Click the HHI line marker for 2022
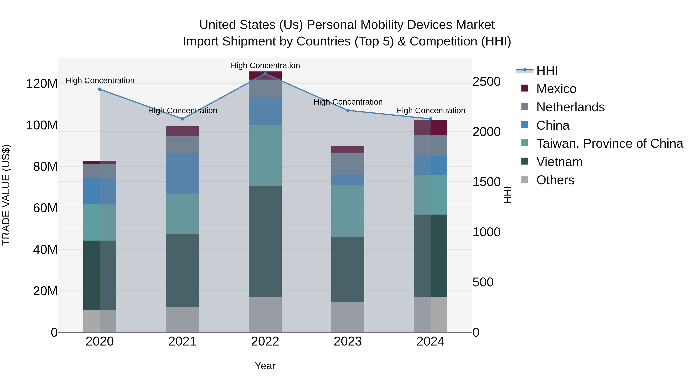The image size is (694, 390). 265,74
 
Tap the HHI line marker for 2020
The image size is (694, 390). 100,89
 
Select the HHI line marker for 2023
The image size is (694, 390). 348,110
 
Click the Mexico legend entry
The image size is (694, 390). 556,89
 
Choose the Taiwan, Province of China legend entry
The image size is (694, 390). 609,143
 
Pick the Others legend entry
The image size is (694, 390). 555,180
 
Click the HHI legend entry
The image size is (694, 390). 547,70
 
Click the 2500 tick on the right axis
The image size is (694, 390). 487,81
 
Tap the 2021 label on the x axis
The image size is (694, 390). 182,341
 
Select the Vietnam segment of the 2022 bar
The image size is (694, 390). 265,242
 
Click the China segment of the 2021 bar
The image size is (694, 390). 182,173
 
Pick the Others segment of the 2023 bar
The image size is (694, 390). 348,317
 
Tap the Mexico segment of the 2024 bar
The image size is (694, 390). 430,127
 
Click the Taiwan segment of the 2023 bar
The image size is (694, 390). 348,211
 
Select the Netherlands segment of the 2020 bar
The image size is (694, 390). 100,171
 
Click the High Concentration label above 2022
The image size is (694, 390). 265,65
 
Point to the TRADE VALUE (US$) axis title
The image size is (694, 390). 6,195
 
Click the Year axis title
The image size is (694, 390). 265,366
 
